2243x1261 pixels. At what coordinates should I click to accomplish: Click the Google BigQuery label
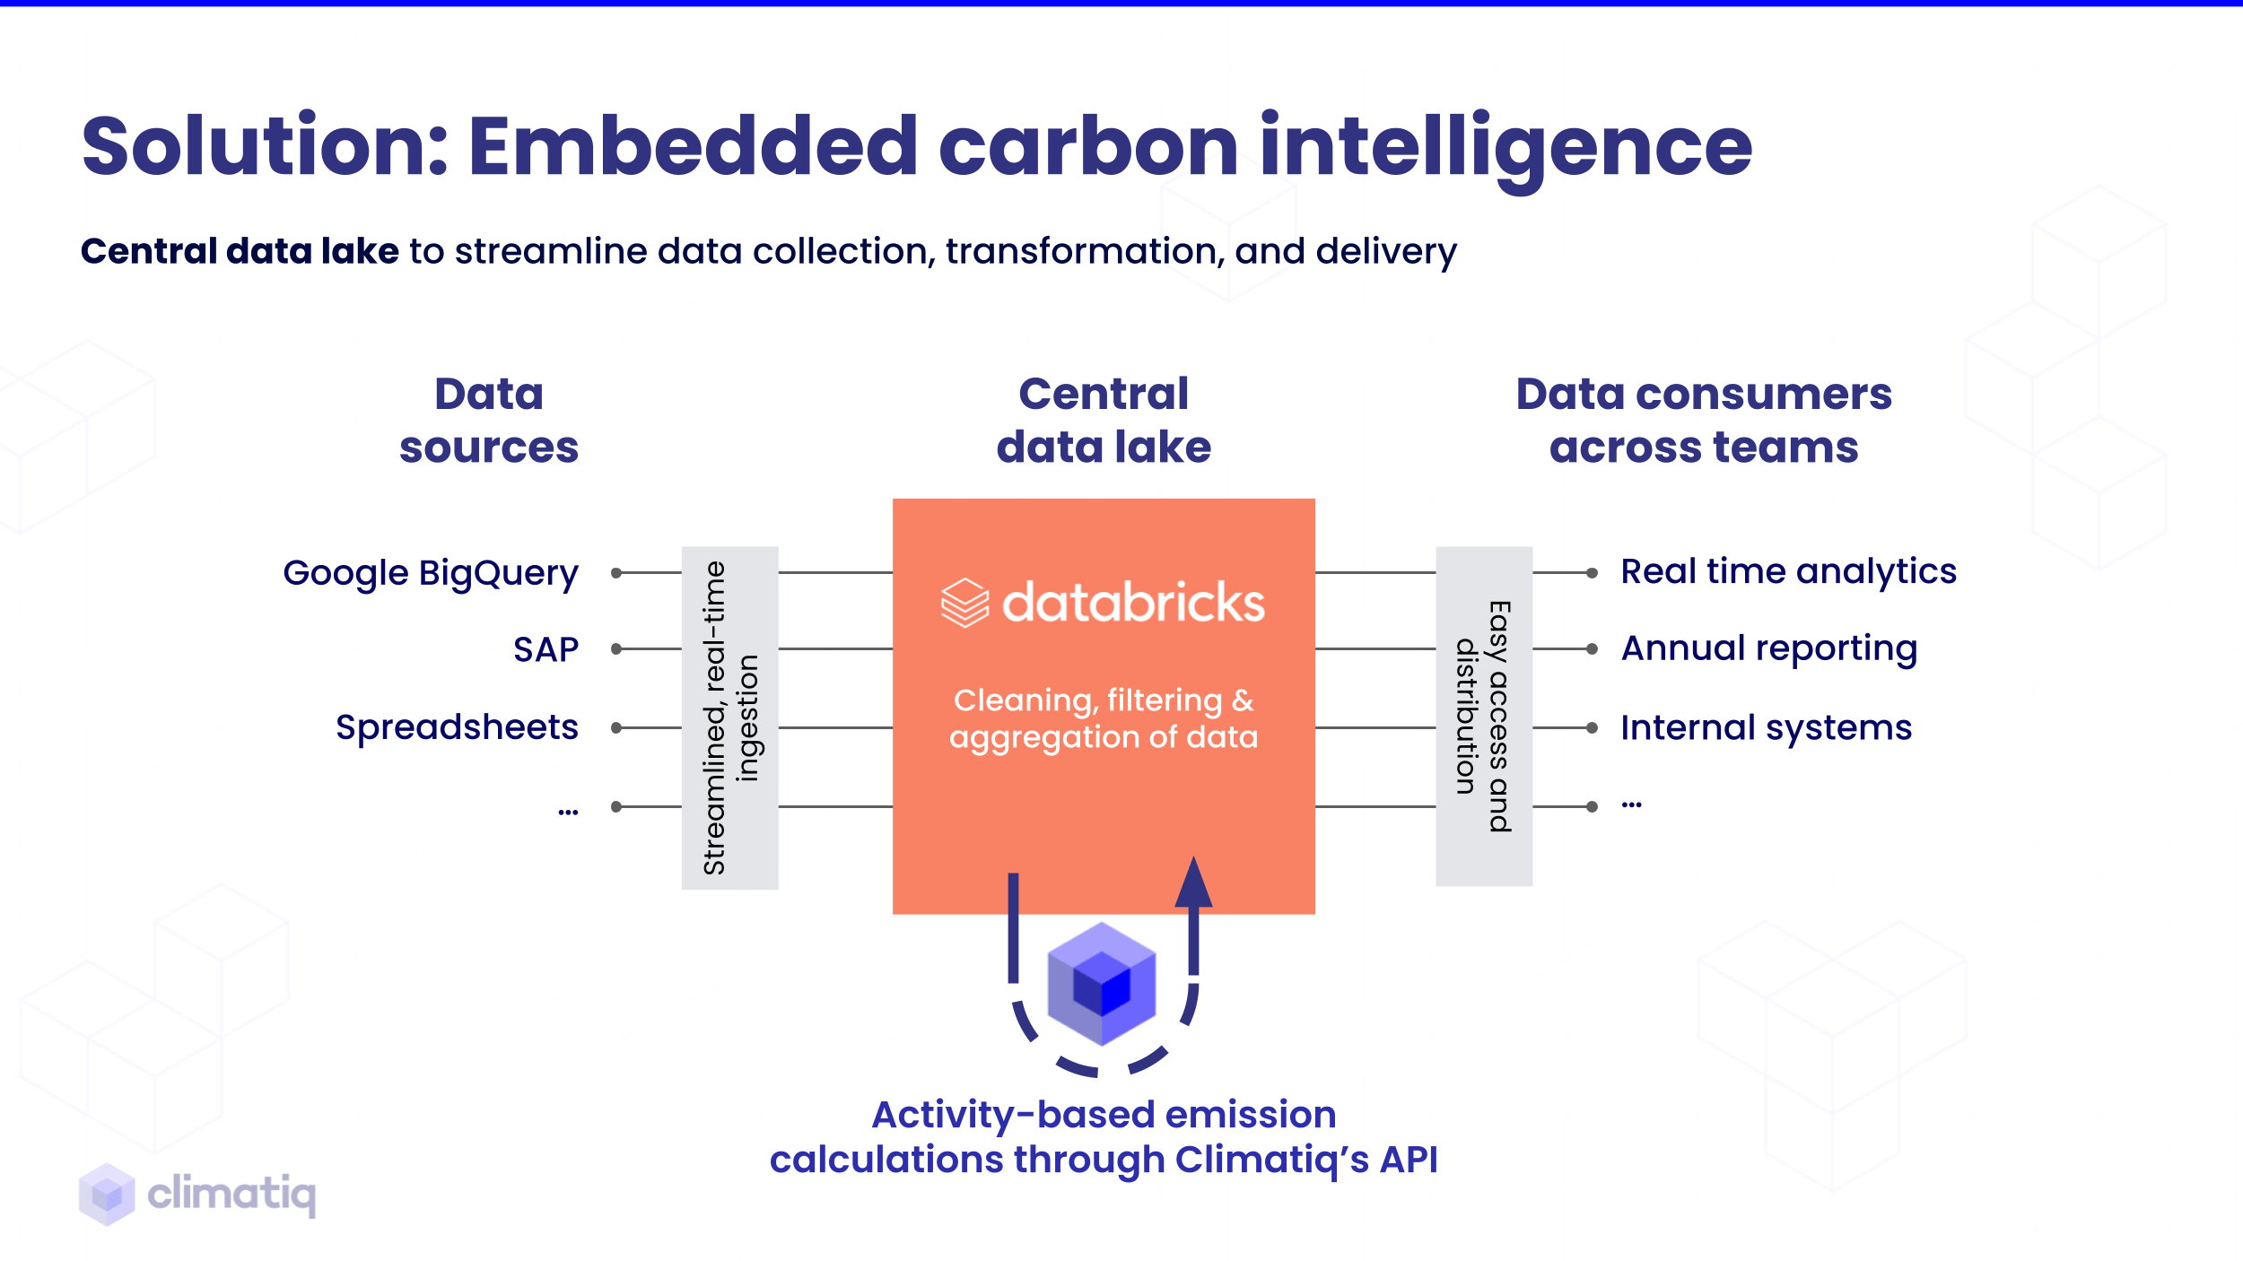[x=431, y=573]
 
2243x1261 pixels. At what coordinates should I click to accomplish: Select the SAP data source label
[x=545, y=649]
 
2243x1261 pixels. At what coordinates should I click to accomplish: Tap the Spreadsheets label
[x=457, y=727]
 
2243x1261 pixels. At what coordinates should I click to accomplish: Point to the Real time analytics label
[x=1788, y=571]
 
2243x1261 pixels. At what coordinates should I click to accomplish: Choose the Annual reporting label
[x=1769, y=648]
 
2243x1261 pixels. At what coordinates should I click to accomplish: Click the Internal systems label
[x=1766, y=727]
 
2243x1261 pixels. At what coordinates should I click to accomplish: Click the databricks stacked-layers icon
[x=964, y=603]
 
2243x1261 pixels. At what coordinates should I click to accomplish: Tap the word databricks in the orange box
[x=1133, y=603]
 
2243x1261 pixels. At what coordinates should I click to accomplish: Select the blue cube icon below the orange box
[x=1102, y=984]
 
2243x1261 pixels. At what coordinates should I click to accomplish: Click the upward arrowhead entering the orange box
[x=1193, y=883]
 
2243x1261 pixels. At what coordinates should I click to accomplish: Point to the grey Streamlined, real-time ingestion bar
[x=729, y=717]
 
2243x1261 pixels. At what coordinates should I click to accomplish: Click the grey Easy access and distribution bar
[x=1484, y=716]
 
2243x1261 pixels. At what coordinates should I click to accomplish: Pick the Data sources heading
[x=489, y=421]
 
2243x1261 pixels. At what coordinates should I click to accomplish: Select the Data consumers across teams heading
[x=1704, y=421]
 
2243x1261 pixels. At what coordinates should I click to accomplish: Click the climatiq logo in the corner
[x=197, y=1194]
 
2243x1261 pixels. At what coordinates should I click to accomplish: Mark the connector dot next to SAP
[x=616, y=648]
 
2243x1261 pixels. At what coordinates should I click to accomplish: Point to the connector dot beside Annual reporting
[x=1592, y=648]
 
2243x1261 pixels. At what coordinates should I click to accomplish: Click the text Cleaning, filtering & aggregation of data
[x=1104, y=718]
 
